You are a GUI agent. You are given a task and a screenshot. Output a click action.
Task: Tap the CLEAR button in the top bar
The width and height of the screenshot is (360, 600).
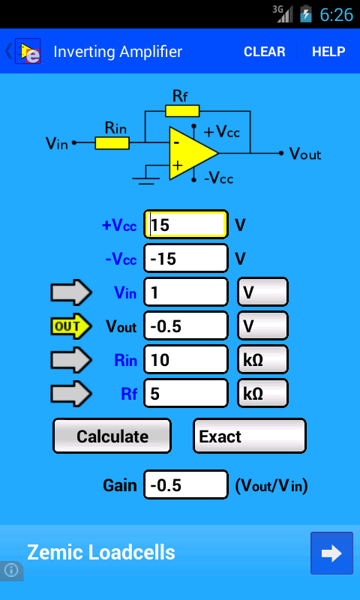(264, 52)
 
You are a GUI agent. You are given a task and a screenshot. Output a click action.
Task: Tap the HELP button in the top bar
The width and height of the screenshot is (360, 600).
(328, 52)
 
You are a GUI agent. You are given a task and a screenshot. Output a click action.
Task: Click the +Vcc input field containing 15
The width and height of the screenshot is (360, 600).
(186, 224)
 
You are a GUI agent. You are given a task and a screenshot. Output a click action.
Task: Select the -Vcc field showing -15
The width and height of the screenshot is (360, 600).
(186, 258)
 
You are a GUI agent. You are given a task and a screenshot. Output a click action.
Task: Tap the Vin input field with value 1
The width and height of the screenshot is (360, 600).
(186, 292)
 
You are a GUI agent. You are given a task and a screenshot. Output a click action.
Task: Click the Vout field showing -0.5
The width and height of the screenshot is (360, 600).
(186, 325)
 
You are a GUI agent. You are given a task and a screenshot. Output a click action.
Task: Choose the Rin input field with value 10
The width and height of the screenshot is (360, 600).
(186, 359)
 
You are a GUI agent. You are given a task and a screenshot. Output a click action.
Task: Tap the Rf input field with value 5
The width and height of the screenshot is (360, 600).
(186, 393)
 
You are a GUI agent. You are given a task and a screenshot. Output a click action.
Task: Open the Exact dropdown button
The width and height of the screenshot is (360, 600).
(250, 436)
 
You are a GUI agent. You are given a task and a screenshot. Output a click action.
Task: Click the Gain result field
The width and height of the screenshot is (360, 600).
(186, 484)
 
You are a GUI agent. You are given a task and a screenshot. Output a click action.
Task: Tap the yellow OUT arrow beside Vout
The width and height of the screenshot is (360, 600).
(71, 326)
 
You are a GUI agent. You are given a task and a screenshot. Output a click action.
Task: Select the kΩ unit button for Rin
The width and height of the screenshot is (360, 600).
(262, 359)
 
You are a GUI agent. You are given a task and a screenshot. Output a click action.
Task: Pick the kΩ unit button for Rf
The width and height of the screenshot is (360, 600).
(262, 393)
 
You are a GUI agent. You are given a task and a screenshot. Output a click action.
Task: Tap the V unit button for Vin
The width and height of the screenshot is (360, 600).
(262, 292)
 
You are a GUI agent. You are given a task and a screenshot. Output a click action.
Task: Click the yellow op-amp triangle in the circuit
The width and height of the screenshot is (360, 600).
(191, 153)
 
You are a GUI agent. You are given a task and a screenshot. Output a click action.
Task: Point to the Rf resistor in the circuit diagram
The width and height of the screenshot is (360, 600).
(182, 111)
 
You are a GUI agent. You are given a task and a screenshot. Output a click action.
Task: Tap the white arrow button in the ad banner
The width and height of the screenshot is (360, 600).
(331, 553)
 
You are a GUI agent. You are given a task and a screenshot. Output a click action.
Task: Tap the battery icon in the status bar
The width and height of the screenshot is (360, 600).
(306, 13)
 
